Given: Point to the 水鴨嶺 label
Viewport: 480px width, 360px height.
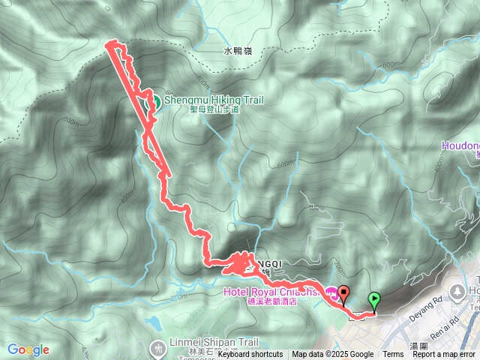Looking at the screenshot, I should tap(238, 52).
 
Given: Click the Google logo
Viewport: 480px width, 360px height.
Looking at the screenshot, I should tap(28, 349).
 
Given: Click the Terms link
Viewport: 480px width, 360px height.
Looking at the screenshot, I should tap(393, 355).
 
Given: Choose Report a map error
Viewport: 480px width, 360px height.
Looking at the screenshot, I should tap(445, 355).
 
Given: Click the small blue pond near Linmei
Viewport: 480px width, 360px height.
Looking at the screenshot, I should tap(154, 322).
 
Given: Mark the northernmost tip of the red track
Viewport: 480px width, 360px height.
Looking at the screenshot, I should tap(112, 42).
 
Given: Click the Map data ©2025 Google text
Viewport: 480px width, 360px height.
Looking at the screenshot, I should tap(332, 355).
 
